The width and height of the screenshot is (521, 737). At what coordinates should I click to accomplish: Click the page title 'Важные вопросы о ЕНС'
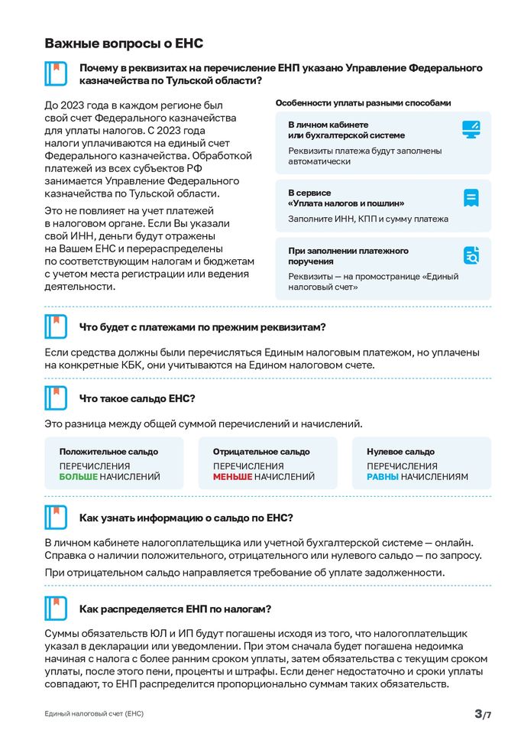point(123,44)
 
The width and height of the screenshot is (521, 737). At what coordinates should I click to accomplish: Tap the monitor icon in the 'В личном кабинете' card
point(471,129)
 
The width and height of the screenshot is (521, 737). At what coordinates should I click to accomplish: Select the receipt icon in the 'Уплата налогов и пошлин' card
point(471,198)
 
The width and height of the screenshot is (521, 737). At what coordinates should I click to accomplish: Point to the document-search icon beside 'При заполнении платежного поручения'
point(471,255)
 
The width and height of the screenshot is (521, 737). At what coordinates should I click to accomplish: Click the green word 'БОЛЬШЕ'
point(79,477)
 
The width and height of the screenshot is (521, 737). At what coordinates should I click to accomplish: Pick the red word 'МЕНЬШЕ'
point(232,477)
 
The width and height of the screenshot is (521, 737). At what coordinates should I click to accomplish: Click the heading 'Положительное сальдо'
point(108,452)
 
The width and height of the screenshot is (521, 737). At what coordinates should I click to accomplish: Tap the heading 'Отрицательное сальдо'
point(261,452)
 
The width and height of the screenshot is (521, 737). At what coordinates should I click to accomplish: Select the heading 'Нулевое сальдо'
point(400,452)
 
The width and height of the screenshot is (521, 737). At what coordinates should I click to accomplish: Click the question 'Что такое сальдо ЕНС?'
point(138,398)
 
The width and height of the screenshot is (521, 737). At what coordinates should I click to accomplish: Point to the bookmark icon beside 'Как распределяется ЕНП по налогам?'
point(57,609)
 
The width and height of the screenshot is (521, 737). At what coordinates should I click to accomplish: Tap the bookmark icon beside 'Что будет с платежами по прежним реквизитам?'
point(57,327)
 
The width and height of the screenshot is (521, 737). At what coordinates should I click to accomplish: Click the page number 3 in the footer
point(478,714)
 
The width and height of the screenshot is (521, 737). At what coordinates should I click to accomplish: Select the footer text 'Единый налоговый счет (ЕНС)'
point(94,714)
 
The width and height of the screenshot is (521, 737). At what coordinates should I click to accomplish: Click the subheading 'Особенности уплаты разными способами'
point(363,102)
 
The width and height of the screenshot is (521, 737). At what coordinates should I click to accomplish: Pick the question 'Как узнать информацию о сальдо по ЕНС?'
point(186,518)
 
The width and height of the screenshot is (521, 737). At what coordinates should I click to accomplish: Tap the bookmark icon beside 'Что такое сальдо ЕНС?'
point(57,398)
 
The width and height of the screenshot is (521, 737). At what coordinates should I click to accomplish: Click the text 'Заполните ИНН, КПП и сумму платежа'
point(368,219)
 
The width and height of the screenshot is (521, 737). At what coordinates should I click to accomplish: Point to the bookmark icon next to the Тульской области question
point(57,74)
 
